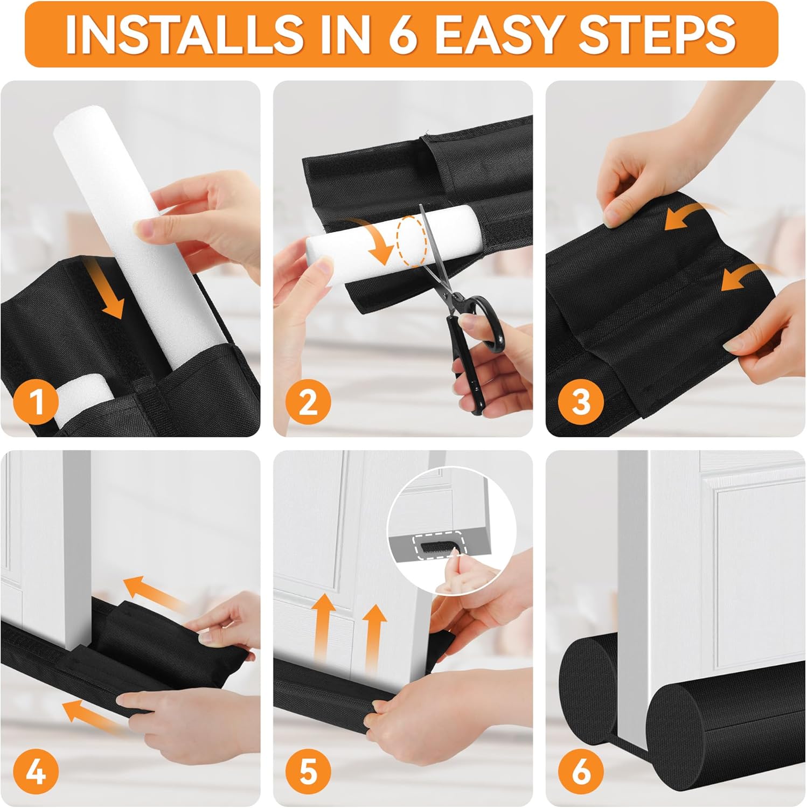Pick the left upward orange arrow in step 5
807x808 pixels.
coord(323,628)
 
